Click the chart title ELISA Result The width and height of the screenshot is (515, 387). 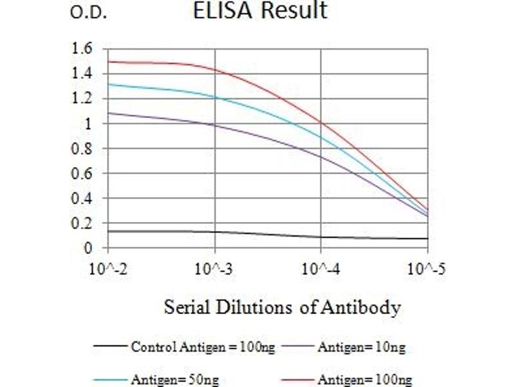click(x=260, y=11)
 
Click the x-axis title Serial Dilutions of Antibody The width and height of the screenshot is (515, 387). click(x=282, y=307)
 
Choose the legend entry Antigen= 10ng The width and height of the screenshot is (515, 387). click(x=361, y=348)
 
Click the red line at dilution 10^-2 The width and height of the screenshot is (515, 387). click(x=109, y=61)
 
